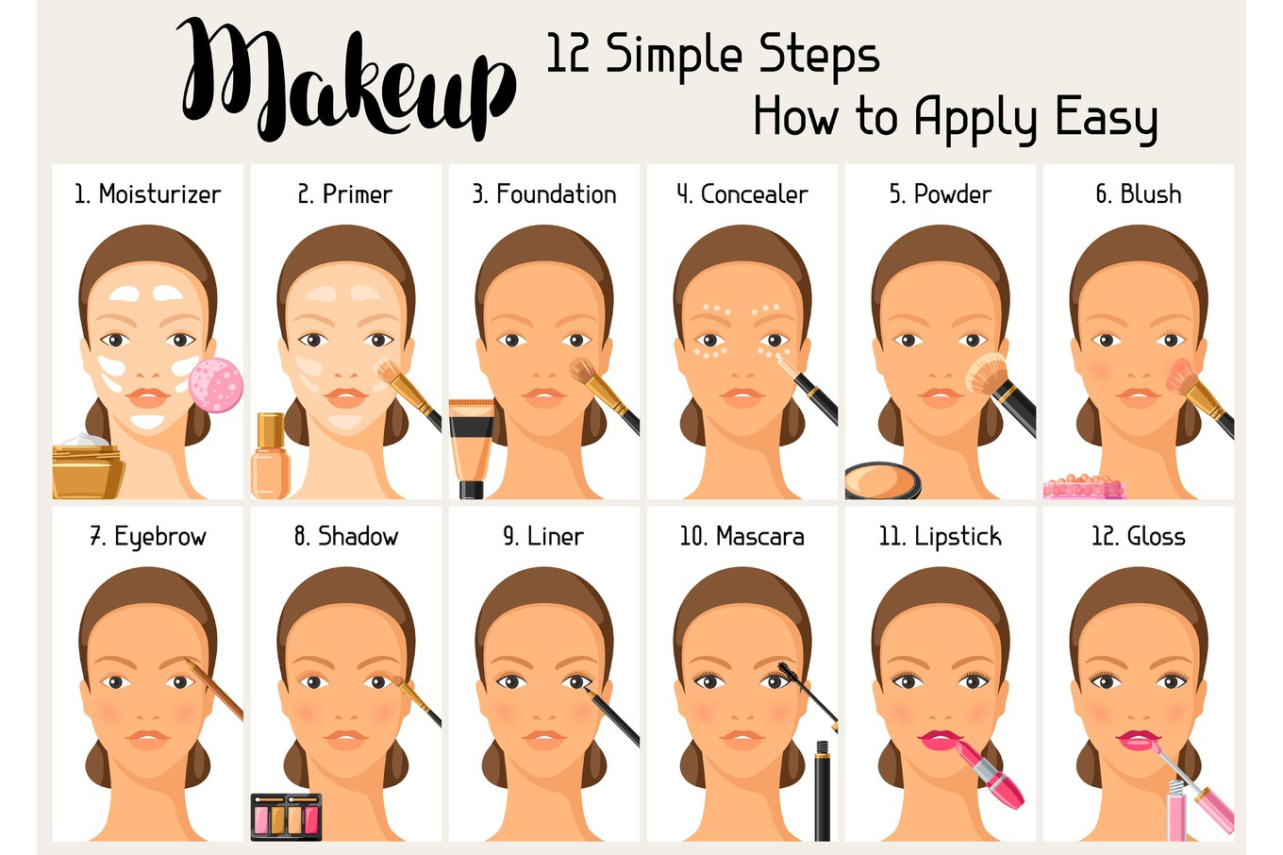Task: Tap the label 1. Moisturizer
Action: pos(148,194)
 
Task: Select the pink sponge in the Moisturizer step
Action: pos(216,384)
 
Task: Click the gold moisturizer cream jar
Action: pos(88,466)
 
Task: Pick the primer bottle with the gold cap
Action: pos(271,456)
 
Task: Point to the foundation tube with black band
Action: pos(472,448)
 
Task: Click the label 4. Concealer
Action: pos(742,194)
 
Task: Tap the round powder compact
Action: pos(882,480)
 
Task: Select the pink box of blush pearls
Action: pos(1084,487)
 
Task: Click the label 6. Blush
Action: pos(1139,194)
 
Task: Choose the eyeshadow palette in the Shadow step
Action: pos(287,817)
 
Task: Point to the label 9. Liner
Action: pos(543,536)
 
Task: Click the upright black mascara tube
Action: pos(823,791)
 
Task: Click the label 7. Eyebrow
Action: pos(148,537)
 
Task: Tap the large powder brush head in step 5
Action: pos(987,374)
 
